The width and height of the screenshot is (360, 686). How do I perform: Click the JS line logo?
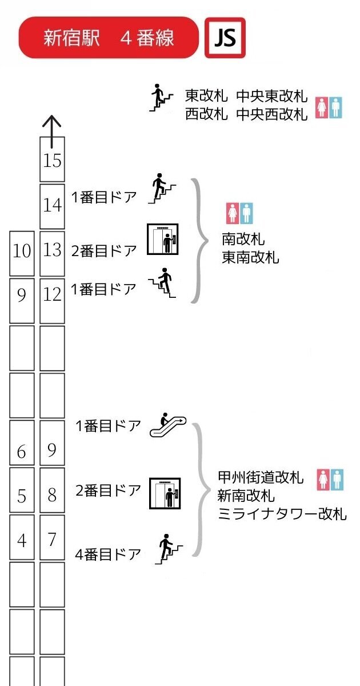(x=225, y=38)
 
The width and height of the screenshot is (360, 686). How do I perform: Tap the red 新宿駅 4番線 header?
(x=109, y=38)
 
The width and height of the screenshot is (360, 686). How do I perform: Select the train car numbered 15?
(x=52, y=159)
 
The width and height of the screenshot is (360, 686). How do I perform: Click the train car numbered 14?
(x=52, y=205)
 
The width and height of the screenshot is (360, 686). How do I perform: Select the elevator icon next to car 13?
(x=163, y=239)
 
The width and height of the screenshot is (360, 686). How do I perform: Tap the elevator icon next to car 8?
(x=165, y=493)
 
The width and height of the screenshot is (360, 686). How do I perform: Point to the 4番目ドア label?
(x=108, y=554)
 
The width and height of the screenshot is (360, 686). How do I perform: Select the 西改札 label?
(x=206, y=114)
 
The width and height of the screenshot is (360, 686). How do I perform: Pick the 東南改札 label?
(x=250, y=258)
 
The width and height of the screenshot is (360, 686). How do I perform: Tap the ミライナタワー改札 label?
(x=282, y=513)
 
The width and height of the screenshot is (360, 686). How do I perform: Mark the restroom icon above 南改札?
(x=239, y=213)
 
